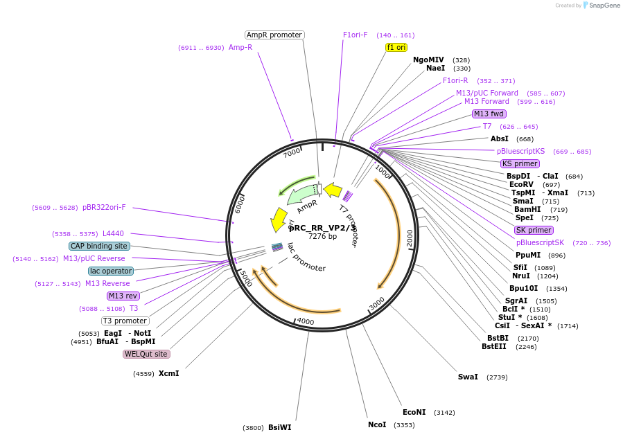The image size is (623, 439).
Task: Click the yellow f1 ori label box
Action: tap(396, 47)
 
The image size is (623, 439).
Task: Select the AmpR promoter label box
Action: tap(274, 35)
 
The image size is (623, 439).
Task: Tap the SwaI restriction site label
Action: tap(468, 377)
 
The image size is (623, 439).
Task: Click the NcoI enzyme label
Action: tap(377, 424)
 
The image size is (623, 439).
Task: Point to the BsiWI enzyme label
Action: tap(279, 427)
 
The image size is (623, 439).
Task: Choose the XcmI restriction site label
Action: tap(168, 373)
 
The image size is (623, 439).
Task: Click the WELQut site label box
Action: tap(146, 354)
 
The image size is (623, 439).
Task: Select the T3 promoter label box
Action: tap(125, 321)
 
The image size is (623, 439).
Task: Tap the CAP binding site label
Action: tap(99, 246)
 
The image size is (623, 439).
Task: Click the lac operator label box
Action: tap(111, 271)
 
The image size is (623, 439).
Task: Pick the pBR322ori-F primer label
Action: tap(109, 207)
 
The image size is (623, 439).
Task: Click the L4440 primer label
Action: tap(113, 233)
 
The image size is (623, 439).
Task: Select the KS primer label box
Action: tap(520, 163)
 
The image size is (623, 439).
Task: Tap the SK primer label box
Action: tap(534, 230)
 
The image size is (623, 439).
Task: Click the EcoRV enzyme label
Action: tap(521, 184)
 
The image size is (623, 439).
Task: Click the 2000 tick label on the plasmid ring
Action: tap(410, 237)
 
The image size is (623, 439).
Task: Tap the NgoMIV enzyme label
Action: tap(428, 60)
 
